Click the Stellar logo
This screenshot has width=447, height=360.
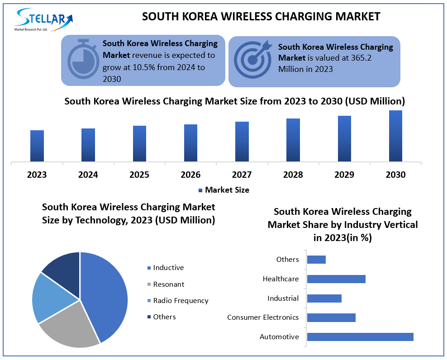[x=43, y=19]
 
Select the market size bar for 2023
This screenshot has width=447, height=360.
[x=37, y=146]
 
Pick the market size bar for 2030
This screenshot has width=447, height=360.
[x=395, y=136]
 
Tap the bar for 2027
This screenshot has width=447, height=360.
[x=242, y=142]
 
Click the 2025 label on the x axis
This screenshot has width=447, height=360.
[x=139, y=175]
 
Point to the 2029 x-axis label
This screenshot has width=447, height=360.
[x=344, y=175]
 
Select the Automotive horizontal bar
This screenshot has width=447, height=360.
[x=360, y=337]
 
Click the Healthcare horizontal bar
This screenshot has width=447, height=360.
[x=336, y=279]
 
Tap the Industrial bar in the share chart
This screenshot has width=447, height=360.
[x=324, y=298]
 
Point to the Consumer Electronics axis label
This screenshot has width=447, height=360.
[x=263, y=317]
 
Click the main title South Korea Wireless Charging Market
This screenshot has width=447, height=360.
[x=261, y=17]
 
